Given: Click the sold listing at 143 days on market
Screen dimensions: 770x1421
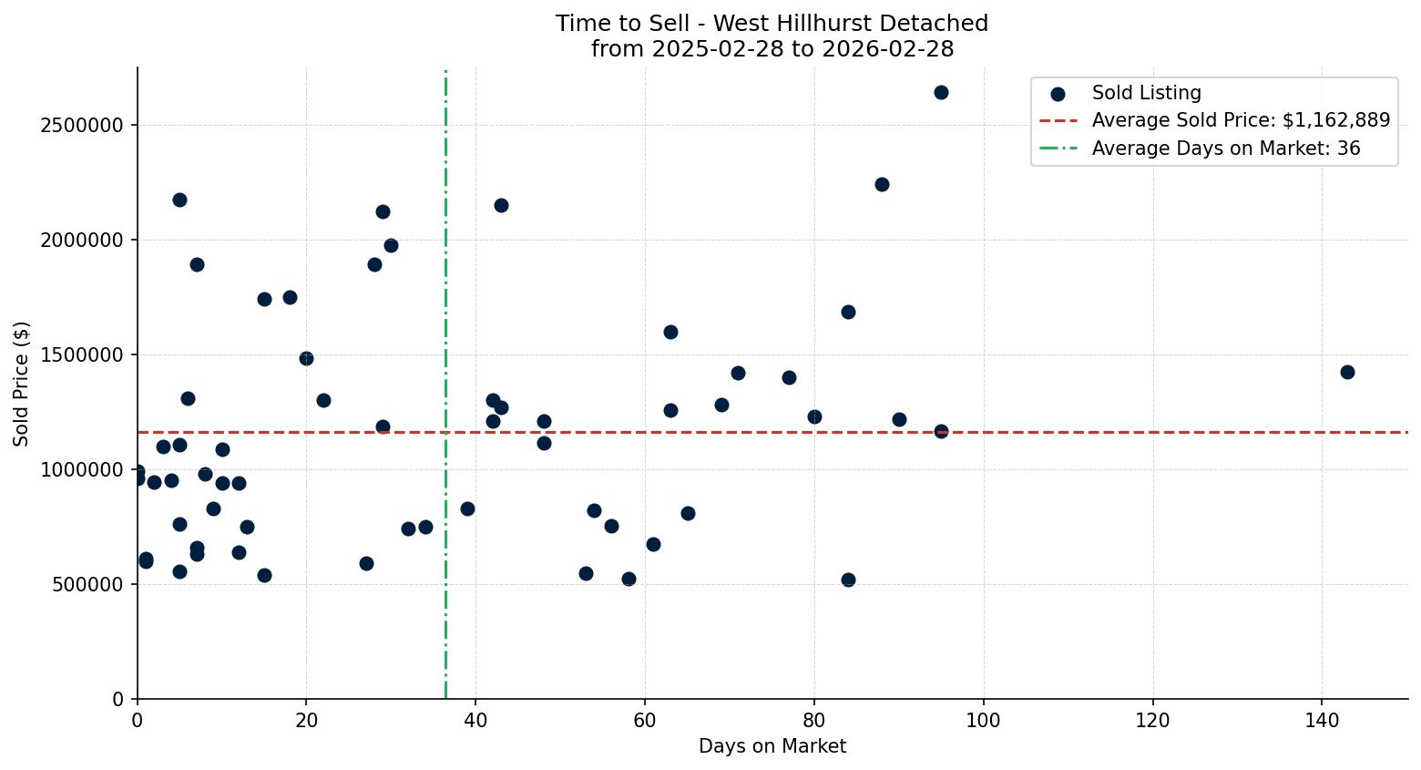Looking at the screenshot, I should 1347,372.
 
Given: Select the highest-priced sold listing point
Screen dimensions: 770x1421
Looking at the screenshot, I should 941,92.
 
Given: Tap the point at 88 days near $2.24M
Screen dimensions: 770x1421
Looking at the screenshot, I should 882,184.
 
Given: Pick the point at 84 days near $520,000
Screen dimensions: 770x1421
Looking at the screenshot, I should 848,580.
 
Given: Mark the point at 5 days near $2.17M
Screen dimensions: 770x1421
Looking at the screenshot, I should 179,200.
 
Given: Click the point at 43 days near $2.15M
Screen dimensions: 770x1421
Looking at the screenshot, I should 501,205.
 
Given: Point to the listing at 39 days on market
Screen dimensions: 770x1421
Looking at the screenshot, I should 467,508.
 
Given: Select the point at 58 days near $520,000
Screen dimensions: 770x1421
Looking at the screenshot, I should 629,579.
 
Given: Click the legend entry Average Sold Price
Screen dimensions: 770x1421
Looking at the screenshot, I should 1241,120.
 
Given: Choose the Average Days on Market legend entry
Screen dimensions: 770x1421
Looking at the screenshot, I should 1225,148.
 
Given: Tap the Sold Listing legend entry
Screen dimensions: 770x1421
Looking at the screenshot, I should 1146,93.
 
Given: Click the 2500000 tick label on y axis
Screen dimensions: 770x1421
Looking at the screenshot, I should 82,125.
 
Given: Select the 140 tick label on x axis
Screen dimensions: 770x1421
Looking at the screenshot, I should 1322,720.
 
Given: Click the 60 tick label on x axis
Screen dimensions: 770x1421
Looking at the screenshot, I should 645,720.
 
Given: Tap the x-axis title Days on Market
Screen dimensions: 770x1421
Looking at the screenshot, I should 772,746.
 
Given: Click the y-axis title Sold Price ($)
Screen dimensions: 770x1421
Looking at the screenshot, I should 21,384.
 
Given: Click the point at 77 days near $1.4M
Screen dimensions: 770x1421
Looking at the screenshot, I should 789,377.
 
